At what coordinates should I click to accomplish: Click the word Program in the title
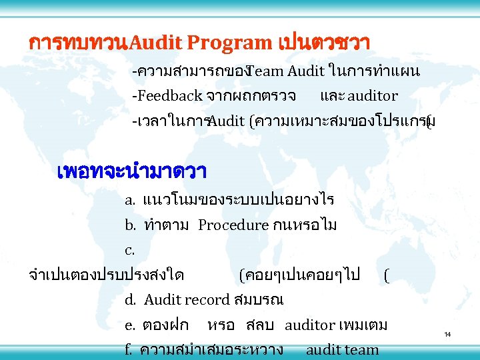point(229,43)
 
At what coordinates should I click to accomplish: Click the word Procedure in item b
point(233,225)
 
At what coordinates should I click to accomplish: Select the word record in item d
point(207,300)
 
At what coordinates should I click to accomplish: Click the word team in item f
point(363,349)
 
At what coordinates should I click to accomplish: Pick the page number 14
point(447,334)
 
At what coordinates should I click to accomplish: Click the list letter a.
point(130,200)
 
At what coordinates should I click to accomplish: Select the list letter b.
point(130,225)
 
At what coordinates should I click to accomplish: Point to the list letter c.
point(129,251)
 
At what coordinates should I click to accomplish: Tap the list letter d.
point(130,300)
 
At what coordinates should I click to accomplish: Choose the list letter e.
point(130,325)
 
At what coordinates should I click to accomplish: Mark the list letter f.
point(129,349)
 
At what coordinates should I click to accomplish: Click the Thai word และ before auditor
point(332,96)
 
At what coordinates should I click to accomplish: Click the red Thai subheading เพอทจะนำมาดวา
point(132,171)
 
